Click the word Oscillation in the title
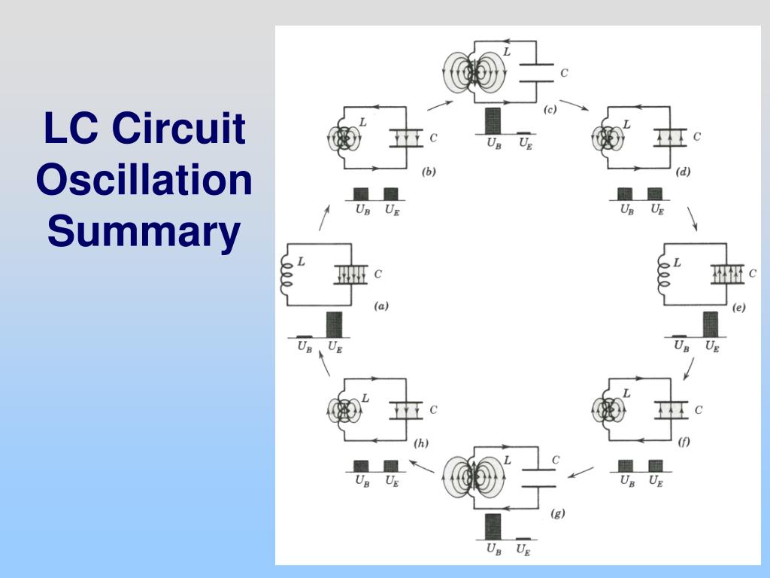(x=144, y=181)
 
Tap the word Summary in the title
(x=144, y=232)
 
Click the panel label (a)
(x=381, y=306)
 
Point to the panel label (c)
(x=550, y=110)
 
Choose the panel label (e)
(x=738, y=307)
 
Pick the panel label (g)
(x=557, y=513)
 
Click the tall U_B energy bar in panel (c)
(x=493, y=120)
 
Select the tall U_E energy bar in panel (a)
(x=333, y=324)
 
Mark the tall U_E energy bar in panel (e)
(x=710, y=324)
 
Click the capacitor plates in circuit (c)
(x=537, y=73)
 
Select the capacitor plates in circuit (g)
(x=537, y=478)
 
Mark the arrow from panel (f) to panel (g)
(x=580, y=473)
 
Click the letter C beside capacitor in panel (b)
(x=433, y=138)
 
